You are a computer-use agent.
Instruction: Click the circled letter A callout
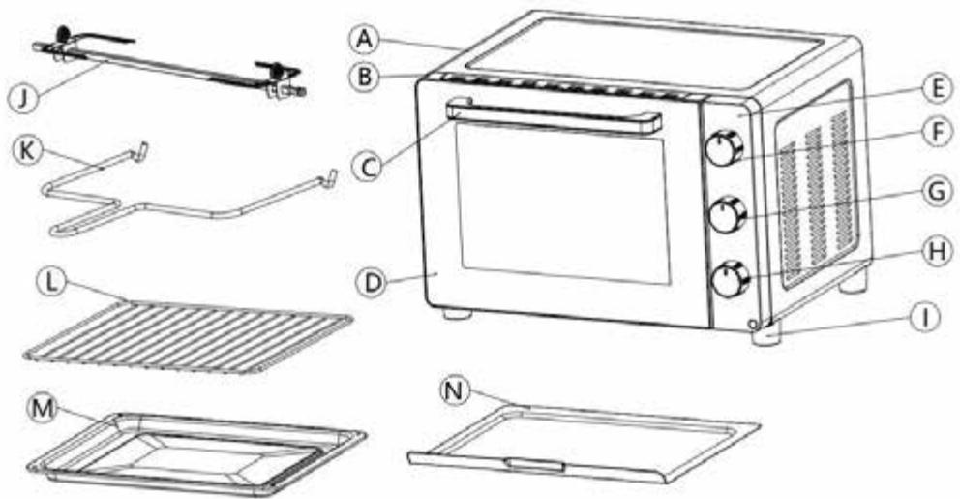pyautogui.click(x=362, y=39)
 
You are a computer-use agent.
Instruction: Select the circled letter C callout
pyautogui.click(x=365, y=167)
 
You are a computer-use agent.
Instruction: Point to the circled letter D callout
pyautogui.click(x=371, y=283)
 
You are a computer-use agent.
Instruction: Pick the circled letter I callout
pyautogui.click(x=927, y=316)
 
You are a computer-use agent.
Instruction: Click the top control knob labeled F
pyautogui.click(x=724, y=149)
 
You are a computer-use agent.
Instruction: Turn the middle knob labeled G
pyautogui.click(x=725, y=215)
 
